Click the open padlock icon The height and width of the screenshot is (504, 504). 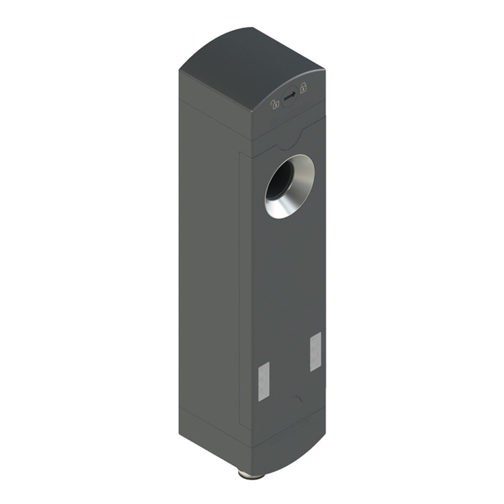[x=275, y=104]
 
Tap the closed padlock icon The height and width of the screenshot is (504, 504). [x=303, y=88]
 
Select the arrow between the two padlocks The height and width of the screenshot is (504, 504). [x=289, y=97]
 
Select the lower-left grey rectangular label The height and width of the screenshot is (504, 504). [x=264, y=381]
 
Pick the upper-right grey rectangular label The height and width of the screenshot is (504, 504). [x=316, y=352]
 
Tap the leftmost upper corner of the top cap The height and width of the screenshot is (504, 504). [x=179, y=71]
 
